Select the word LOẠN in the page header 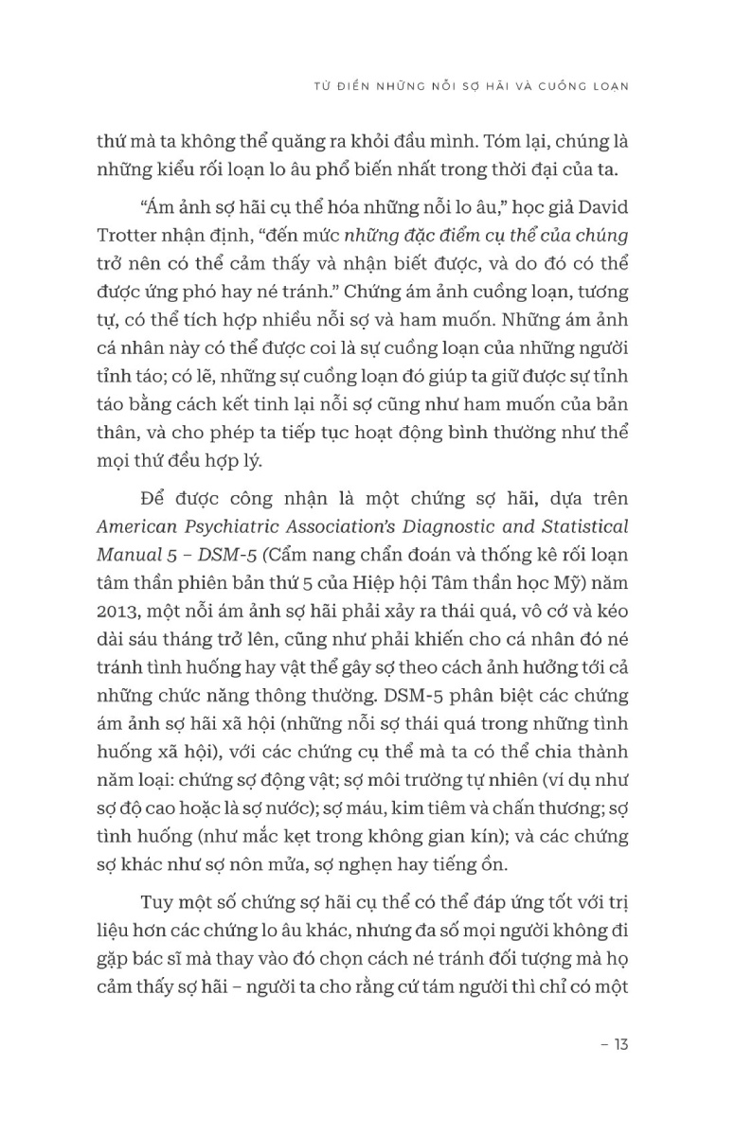pyautogui.click(x=608, y=84)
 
